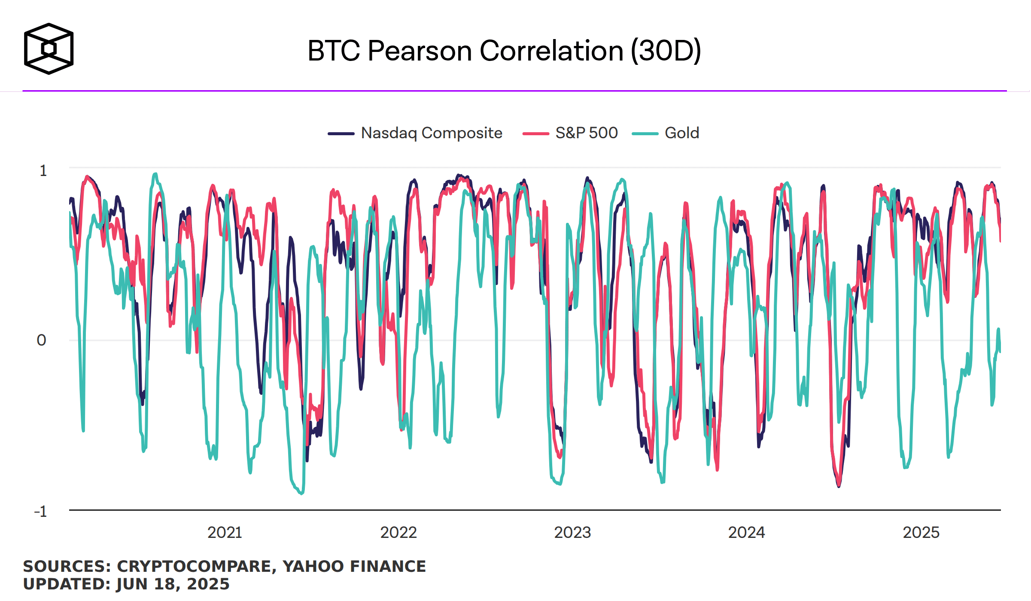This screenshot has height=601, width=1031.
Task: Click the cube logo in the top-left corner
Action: tap(49, 49)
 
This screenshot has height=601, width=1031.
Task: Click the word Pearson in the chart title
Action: tap(420, 51)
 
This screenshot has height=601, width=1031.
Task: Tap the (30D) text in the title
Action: tap(666, 51)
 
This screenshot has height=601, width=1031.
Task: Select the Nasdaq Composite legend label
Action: tap(432, 133)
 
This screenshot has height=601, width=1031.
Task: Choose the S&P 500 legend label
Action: tap(587, 133)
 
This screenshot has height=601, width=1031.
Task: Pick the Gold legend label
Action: tap(682, 133)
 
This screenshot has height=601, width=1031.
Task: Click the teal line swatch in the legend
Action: tap(645, 134)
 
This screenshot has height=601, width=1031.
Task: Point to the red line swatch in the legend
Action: tap(535, 134)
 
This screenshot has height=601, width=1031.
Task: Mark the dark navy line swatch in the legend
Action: tap(341, 134)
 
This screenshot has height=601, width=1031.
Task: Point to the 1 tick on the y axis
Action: tap(43, 171)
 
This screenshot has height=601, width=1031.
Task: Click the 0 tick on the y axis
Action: tap(42, 340)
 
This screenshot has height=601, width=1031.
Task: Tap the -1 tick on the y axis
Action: tap(40, 511)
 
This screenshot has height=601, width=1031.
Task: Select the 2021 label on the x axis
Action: tap(225, 533)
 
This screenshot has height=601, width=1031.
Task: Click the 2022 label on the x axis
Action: tap(398, 533)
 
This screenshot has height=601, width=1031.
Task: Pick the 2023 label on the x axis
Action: tap(572, 533)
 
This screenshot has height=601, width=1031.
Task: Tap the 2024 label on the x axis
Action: tap(746, 533)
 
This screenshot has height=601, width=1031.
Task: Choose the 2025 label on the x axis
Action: tap(921, 533)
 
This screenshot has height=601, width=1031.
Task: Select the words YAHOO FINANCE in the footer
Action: tap(354, 566)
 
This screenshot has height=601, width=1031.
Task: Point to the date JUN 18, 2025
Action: tap(173, 584)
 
